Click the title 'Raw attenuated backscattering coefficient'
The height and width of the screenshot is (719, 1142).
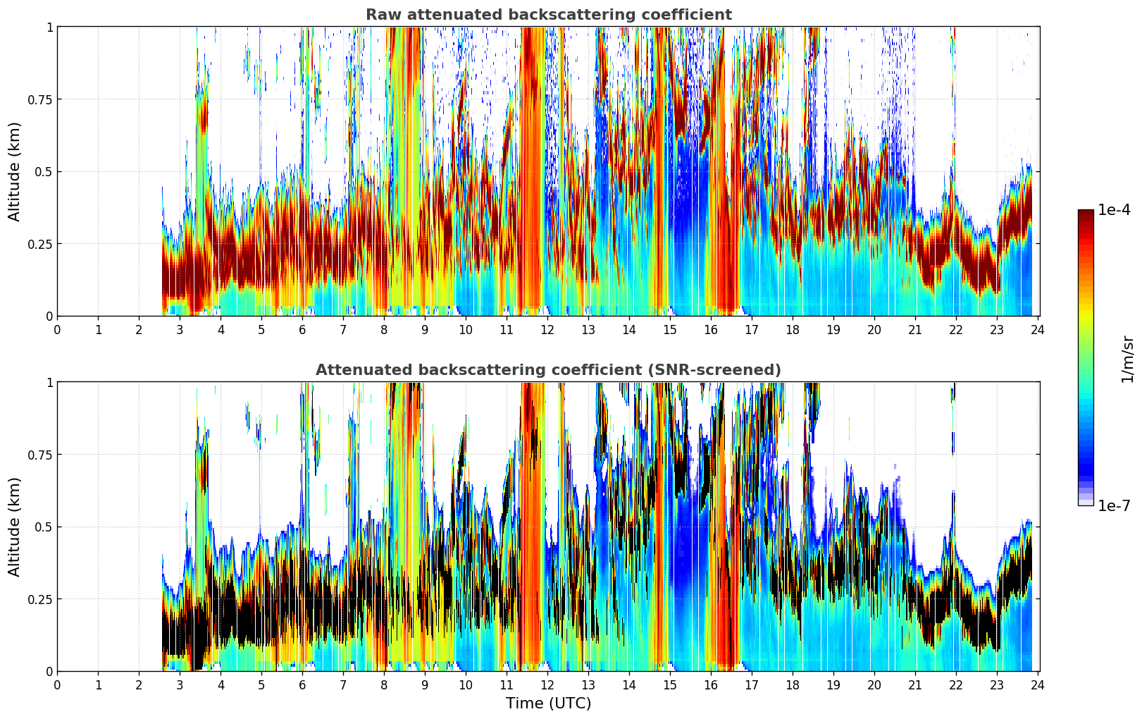click(548, 15)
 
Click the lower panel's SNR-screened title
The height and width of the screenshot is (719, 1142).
click(548, 370)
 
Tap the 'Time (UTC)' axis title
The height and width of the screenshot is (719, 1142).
click(548, 703)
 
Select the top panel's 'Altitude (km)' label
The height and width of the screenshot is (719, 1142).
click(15, 171)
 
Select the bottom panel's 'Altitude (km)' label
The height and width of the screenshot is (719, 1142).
click(15, 527)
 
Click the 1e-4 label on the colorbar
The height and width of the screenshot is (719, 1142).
click(1114, 210)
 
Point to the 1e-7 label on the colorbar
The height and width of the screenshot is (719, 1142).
click(1114, 505)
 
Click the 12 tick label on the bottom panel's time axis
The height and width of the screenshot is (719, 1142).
click(547, 684)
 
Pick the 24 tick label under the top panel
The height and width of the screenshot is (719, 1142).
click(1038, 329)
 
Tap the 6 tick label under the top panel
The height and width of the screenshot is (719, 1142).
click(302, 329)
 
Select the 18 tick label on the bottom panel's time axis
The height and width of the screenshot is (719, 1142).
click(793, 684)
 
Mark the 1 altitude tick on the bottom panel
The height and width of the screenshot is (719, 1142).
click(49, 382)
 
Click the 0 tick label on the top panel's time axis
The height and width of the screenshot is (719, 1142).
click(57, 329)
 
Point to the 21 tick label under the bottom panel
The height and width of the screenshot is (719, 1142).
click(915, 684)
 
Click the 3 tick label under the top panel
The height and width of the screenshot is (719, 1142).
click(180, 329)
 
